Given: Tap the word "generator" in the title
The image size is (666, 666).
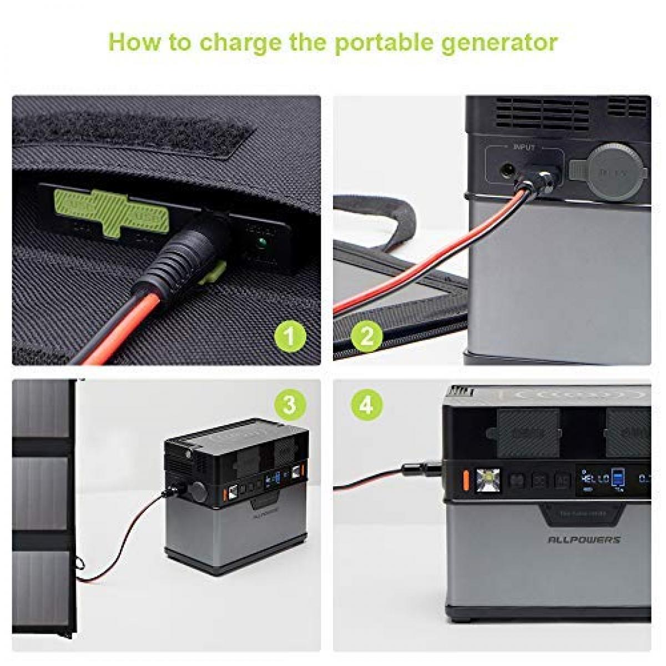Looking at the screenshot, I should [499, 42].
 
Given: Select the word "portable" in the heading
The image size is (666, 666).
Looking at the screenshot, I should [382, 42].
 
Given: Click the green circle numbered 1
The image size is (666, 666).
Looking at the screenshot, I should [290, 335].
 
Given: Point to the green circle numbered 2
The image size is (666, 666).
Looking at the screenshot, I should [367, 335].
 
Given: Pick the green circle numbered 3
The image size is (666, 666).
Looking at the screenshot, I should [290, 405].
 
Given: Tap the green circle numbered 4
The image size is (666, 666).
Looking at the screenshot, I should [367, 405].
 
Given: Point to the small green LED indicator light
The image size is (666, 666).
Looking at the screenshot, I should [259, 243].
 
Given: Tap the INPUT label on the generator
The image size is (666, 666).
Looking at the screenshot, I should [524, 148].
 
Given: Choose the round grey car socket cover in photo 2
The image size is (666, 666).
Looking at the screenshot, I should [614, 169].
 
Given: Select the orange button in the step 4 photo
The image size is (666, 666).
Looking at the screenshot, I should [466, 480].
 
